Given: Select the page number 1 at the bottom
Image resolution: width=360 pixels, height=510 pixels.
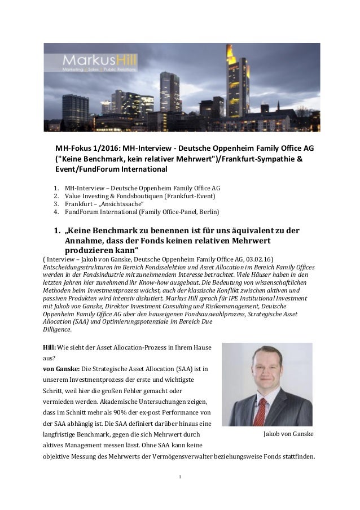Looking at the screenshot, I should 179,481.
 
